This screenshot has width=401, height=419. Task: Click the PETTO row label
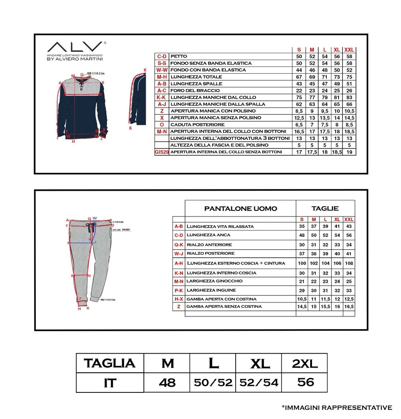pyautogui.click(x=179, y=56)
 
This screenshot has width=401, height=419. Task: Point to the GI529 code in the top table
pyautogui.click(x=161, y=152)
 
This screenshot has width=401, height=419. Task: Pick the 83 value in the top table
pyautogui.click(x=349, y=97)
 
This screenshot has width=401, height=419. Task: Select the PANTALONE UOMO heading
pyautogui.click(x=240, y=209)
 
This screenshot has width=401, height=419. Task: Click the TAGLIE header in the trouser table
pyautogui.click(x=325, y=209)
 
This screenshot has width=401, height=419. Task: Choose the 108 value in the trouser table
pyautogui.click(x=349, y=263)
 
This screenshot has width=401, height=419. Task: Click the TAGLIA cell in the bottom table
pyautogui.click(x=110, y=363)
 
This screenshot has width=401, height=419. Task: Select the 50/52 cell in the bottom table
pyautogui.click(x=212, y=383)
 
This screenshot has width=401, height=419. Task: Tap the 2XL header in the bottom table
pyautogui.click(x=304, y=363)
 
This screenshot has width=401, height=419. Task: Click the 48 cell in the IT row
pyautogui.click(x=167, y=383)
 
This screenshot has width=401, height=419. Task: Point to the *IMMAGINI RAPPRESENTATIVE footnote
pyautogui.click(x=337, y=408)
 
